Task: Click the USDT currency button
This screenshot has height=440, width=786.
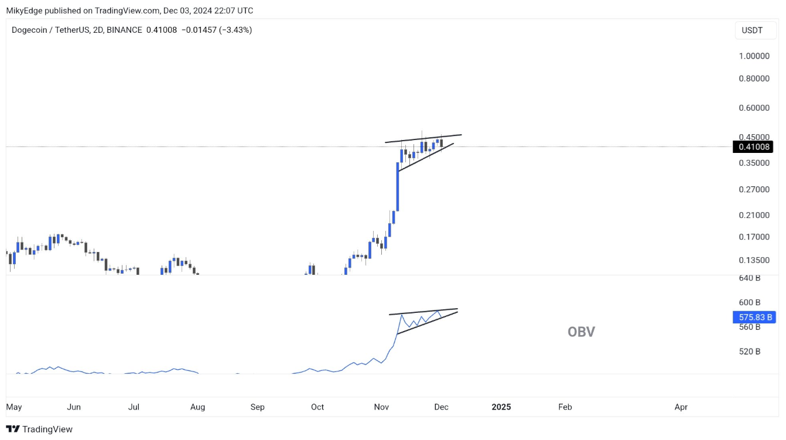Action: point(752,30)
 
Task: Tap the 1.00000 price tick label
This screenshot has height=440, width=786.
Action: point(754,56)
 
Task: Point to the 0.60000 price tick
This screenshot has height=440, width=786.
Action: point(754,108)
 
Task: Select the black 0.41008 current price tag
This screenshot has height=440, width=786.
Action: point(754,147)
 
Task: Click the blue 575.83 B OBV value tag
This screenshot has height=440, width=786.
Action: point(754,318)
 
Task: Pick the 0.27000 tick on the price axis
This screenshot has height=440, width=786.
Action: point(754,189)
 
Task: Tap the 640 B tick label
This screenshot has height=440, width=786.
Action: point(749,278)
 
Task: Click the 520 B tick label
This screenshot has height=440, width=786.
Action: point(749,352)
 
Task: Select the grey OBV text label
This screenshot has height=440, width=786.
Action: point(581,332)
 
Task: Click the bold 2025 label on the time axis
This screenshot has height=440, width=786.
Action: point(501,407)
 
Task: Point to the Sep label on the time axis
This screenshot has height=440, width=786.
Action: point(257,407)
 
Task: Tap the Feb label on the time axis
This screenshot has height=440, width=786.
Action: point(565,407)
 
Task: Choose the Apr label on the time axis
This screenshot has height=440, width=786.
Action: point(681,407)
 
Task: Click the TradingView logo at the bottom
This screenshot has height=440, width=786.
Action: point(39,429)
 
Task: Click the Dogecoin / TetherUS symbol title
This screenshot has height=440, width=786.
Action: point(50,30)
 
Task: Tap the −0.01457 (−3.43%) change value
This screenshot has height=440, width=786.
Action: point(218,30)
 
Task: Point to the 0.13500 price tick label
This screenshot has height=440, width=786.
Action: point(754,260)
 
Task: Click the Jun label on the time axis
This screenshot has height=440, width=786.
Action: point(74,407)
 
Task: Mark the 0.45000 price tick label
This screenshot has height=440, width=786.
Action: point(754,137)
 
